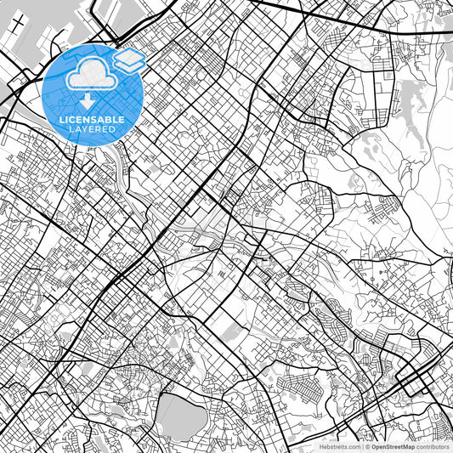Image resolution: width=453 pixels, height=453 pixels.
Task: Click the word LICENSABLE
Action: coord(92,120)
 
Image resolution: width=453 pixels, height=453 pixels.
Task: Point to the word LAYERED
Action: coord(92,129)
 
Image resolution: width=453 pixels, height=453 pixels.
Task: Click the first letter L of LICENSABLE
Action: coord(61,120)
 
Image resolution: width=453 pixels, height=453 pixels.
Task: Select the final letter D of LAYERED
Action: coord(114,129)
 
